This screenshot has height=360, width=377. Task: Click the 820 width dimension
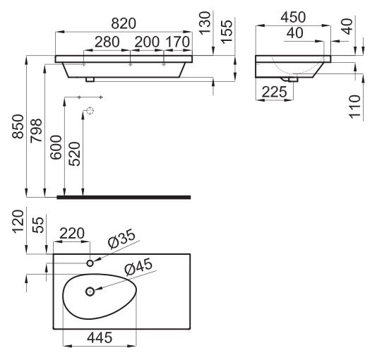pos(124,23)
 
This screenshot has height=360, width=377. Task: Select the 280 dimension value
pos(107,42)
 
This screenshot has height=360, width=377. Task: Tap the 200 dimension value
pos(147,42)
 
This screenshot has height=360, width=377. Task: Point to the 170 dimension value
pos(178,42)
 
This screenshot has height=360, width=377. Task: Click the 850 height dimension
pos(18,126)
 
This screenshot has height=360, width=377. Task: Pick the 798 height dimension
pos(36,131)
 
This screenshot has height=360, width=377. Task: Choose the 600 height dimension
pos(56,148)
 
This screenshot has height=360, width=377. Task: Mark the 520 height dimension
pos(74,154)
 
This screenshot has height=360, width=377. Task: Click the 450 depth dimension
pos(293,18)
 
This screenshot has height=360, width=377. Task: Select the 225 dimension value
pos(275,92)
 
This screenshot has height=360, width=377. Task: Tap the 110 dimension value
pos(355,107)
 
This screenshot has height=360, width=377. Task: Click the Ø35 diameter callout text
pos(122,239)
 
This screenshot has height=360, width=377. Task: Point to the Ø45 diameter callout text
pos(139,267)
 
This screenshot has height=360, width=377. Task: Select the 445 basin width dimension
pos(100,337)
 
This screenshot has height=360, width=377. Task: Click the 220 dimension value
pos(72,234)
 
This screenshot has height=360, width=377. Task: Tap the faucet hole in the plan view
pos(90,263)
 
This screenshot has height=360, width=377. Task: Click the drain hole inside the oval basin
pos(90,292)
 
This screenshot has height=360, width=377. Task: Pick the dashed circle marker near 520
pos(90,111)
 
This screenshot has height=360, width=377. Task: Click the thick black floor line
pos(124,198)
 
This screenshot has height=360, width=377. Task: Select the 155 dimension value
pos(227,32)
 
